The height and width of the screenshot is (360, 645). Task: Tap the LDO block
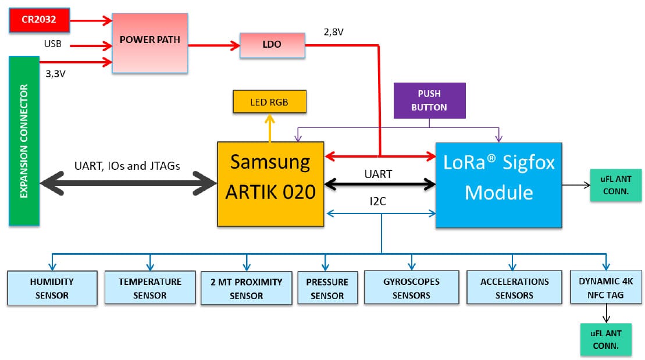click(x=272, y=45)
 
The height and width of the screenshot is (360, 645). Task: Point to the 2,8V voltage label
click(x=334, y=33)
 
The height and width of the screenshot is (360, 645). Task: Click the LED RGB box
click(x=269, y=102)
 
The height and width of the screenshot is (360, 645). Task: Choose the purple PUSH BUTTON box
click(x=429, y=100)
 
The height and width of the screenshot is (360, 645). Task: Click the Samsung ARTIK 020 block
click(x=270, y=183)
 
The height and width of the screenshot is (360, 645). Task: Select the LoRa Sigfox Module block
click(x=498, y=184)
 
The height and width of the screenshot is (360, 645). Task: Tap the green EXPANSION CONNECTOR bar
click(x=24, y=141)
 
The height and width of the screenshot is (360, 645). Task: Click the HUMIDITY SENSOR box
click(x=52, y=288)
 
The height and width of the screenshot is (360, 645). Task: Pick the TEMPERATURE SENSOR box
click(x=150, y=288)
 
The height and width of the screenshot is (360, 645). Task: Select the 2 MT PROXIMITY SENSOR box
click(x=247, y=288)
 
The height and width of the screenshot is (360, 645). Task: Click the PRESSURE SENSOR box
click(x=327, y=288)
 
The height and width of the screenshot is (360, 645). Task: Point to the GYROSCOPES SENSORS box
click(x=411, y=288)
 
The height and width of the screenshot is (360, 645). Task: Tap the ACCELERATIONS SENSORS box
click(x=514, y=288)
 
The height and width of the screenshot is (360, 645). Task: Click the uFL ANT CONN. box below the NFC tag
click(x=605, y=340)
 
